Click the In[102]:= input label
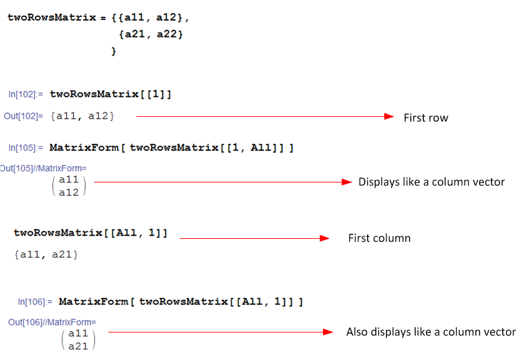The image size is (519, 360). [x=26, y=94]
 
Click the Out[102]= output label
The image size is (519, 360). [x=24, y=116]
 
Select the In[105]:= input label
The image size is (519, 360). [x=26, y=148]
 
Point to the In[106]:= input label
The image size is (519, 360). [x=35, y=302]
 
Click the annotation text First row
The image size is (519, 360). [x=425, y=117]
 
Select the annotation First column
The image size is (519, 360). [x=379, y=239]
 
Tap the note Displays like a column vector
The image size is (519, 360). [x=431, y=182]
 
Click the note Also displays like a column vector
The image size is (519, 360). [x=431, y=332]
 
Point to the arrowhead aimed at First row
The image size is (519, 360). [x=389, y=117]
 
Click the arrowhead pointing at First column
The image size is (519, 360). [x=325, y=238]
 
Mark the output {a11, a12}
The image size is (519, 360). [x=83, y=116]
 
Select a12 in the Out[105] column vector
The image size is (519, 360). [x=69, y=192]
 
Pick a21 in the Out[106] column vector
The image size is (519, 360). [x=78, y=345]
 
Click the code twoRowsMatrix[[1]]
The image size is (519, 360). [x=111, y=94]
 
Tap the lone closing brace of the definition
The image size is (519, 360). [x=114, y=51]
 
